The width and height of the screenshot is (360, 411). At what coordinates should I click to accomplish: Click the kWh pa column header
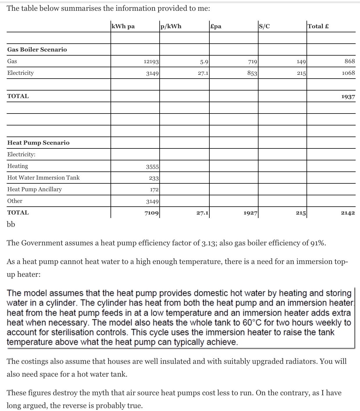[123, 26]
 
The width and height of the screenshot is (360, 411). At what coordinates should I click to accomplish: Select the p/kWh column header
[171, 26]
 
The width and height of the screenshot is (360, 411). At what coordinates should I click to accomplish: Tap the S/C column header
[264, 26]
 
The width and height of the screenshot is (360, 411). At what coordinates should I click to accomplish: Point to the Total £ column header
[318, 26]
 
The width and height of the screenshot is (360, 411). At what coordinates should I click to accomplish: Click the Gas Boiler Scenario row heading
[37, 49]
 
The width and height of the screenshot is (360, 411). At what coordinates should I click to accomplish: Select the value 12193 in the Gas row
[151, 61]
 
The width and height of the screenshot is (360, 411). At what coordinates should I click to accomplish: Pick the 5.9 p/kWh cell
[204, 61]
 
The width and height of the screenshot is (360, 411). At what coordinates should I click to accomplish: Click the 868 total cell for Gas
[350, 61]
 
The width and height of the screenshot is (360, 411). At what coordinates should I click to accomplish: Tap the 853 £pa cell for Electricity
[252, 73]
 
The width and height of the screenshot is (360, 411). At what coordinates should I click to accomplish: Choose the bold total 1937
[348, 96]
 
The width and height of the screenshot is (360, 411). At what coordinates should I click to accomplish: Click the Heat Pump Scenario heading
[38, 143]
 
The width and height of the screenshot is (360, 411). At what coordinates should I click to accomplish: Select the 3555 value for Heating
[152, 166]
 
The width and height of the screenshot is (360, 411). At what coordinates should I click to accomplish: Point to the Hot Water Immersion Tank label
[43, 178]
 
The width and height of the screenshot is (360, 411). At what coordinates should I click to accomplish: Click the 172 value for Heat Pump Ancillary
[154, 190]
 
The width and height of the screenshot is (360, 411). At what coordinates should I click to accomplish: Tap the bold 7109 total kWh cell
[152, 213]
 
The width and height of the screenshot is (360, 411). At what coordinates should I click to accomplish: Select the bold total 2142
[348, 213]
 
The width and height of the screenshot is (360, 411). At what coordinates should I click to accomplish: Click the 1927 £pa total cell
[250, 213]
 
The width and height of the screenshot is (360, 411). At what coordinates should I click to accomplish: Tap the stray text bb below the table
[11, 224]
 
